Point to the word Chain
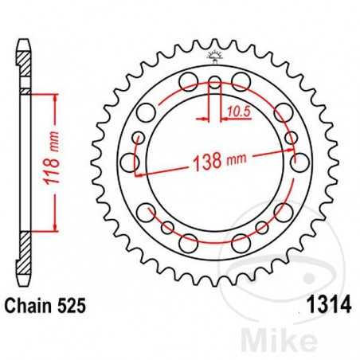[x=26, y=305]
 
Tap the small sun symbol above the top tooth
[x=214, y=57]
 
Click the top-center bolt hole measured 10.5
[x=215, y=81]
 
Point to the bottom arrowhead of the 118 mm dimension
[x=56, y=228]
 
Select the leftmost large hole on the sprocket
[x=127, y=162]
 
